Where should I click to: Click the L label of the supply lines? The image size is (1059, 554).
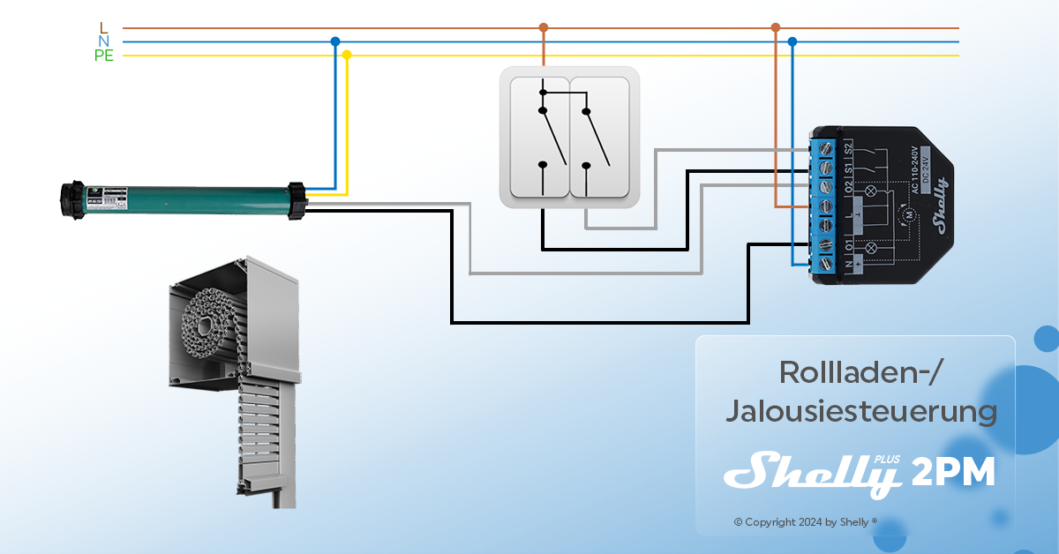[104, 27]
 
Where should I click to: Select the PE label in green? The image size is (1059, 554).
[104, 56]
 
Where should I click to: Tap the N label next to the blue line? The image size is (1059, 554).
[104, 41]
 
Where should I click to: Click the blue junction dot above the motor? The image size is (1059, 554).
[334, 41]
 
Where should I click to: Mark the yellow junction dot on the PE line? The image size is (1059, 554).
[347, 55]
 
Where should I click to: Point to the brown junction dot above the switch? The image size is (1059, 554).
[544, 27]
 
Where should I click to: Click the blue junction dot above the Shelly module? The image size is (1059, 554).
[792, 41]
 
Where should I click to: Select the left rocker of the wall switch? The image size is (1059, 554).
[537, 137]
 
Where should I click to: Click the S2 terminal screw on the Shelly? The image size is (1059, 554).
[827, 146]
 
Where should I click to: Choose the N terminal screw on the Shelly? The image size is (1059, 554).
[827, 262]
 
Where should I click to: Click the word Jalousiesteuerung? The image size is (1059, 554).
[860, 411]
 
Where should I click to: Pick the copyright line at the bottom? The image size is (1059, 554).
[806, 522]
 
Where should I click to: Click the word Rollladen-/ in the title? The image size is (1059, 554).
[861, 372]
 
